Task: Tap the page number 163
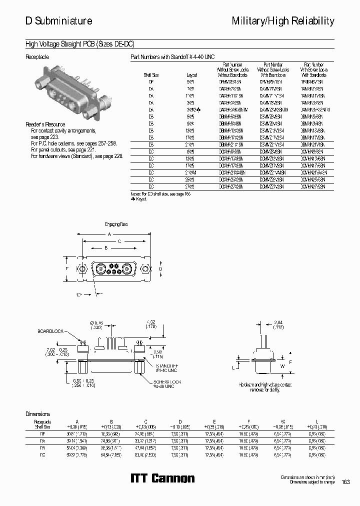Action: point(345,482)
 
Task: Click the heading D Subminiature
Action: point(58,21)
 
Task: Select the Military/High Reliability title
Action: point(283,21)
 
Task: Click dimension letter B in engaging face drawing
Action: point(105,247)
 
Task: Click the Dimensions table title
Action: point(38,414)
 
